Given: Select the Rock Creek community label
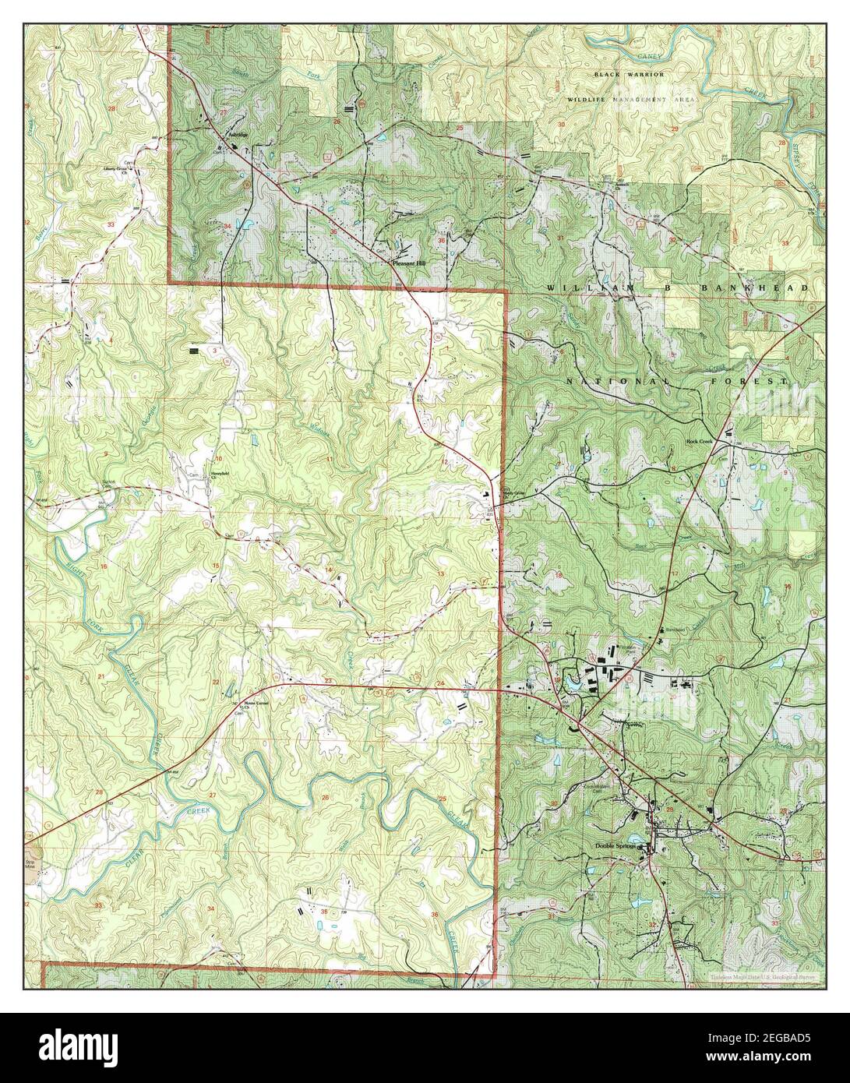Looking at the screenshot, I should coord(700,441).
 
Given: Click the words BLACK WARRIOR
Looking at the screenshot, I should coord(629,74).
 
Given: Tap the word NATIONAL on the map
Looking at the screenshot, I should coord(624,381).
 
